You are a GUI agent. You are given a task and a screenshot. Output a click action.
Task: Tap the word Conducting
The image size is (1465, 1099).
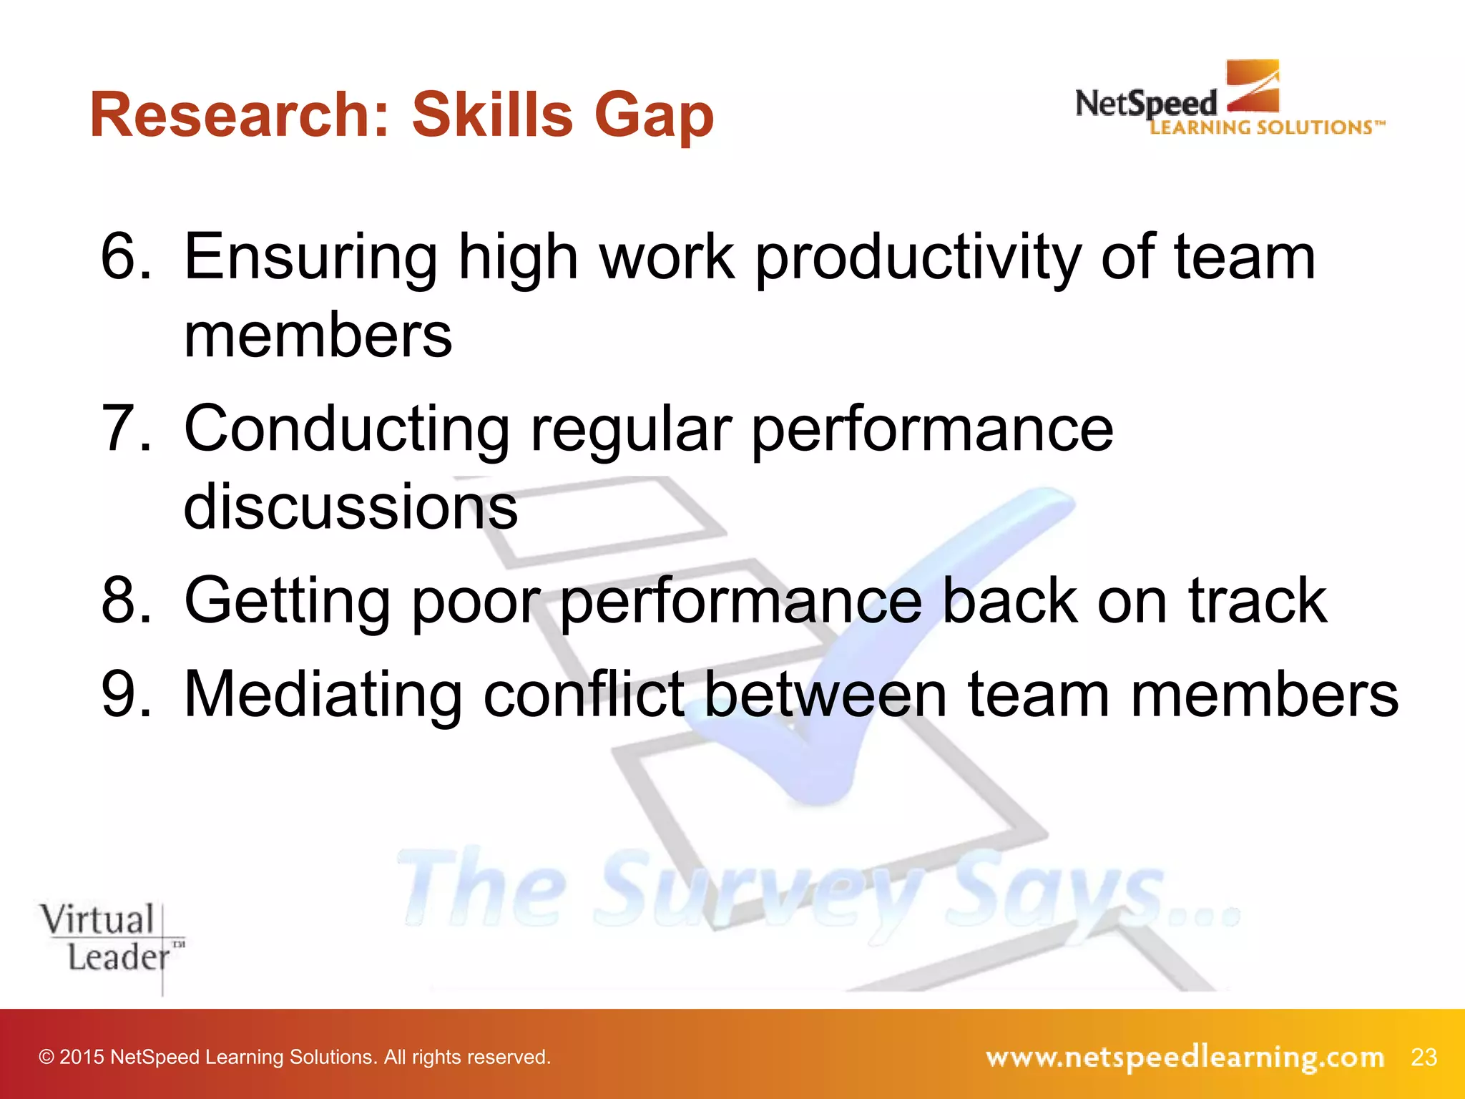[x=346, y=429]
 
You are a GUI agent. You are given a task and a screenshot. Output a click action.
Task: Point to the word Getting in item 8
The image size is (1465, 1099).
[x=286, y=601]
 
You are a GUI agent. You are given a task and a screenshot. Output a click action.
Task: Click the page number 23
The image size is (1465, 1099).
[x=1424, y=1057]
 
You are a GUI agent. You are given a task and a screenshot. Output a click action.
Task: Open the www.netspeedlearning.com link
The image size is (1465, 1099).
[x=1185, y=1057]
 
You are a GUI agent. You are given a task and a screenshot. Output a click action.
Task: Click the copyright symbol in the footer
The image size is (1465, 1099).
[x=46, y=1057]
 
